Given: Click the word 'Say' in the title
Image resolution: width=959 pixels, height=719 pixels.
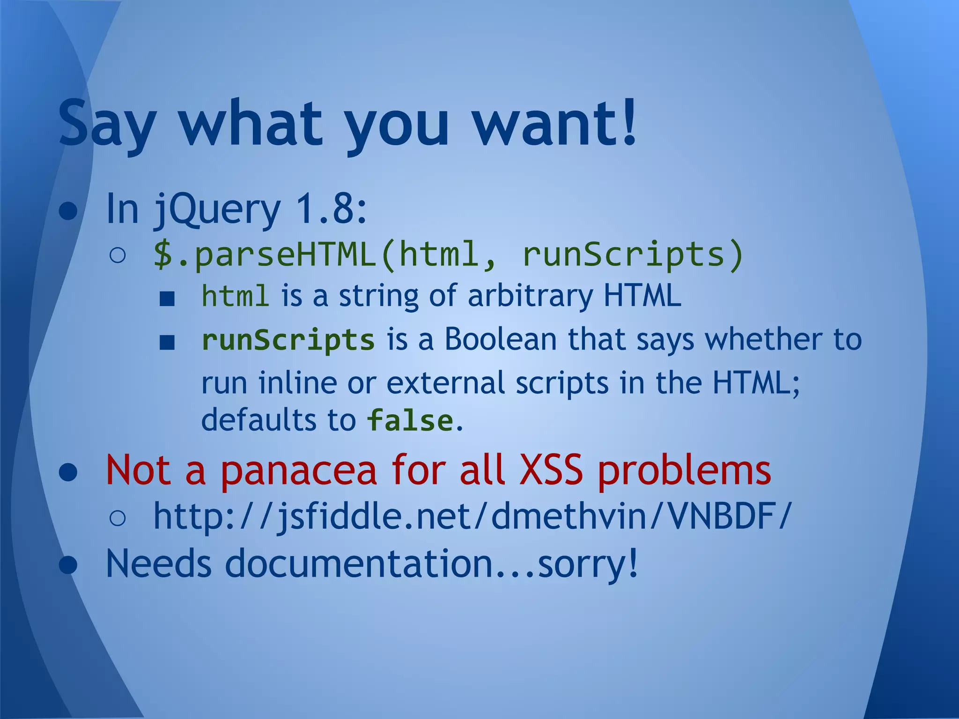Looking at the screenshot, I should tap(107, 123).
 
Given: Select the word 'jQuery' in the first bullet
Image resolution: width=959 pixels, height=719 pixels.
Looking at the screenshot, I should tap(216, 209).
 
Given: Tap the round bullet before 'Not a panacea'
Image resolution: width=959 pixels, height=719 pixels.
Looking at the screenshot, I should tap(68, 472).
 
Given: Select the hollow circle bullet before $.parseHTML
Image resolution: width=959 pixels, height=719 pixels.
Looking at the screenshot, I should tap(117, 256).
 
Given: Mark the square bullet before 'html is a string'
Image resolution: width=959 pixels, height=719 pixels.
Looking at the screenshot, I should tap(167, 298).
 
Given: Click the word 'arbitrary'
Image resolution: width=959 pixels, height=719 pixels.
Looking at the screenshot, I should tap(530, 296).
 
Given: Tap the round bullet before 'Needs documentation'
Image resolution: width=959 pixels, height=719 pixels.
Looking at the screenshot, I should tap(68, 565).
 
